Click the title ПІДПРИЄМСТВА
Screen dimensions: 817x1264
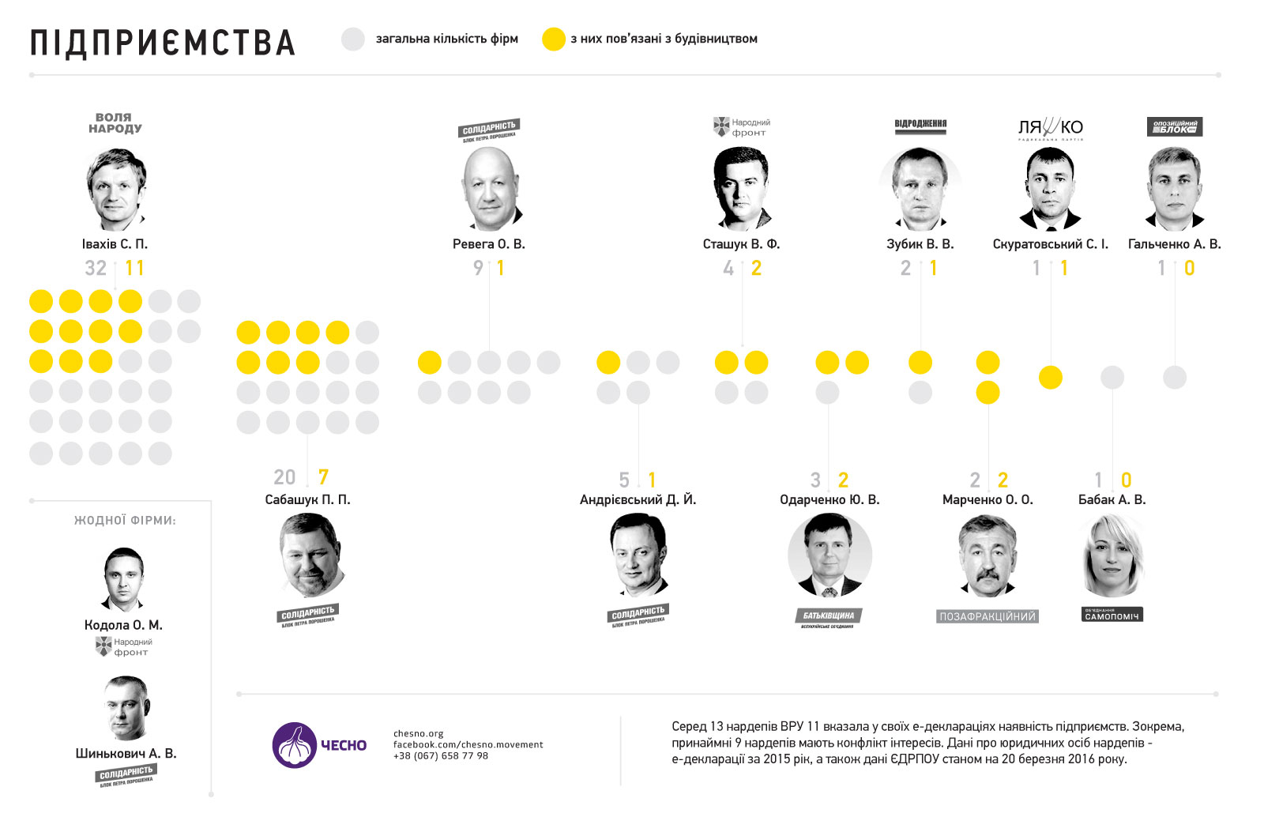click(x=163, y=43)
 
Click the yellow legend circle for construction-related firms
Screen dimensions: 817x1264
click(x=554, y=39)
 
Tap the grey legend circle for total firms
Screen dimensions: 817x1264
click(x=353, y=39)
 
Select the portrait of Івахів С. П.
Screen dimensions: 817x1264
click(x=115, y=189)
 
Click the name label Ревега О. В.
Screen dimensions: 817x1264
click(x=488, y=244)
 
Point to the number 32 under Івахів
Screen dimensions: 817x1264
click(x=96, y=269)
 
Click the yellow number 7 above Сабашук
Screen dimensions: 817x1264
click(x=323, y=477)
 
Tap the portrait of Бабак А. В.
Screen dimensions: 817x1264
click(x=1112, y=555)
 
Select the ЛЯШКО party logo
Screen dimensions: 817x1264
click(x=1050, y=128)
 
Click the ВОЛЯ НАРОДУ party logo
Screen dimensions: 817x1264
click(x=115, y=122)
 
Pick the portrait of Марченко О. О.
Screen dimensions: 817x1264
click(x=987, y=555)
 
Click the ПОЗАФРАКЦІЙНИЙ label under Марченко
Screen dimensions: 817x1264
click(x=987, y=616)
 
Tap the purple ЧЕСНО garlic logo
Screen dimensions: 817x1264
click(x=295, y=744)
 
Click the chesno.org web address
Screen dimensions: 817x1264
click(x=419, y=733)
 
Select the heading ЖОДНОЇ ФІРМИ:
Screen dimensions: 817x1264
click(x=125, y=520)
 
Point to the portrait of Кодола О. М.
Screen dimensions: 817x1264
click(x=124, y=579)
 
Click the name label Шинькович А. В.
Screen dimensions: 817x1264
click(x=126, y=753)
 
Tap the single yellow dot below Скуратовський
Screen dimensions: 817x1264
click(x=1050, y=378)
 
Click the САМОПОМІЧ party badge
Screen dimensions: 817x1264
click(x=1112, y=615)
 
